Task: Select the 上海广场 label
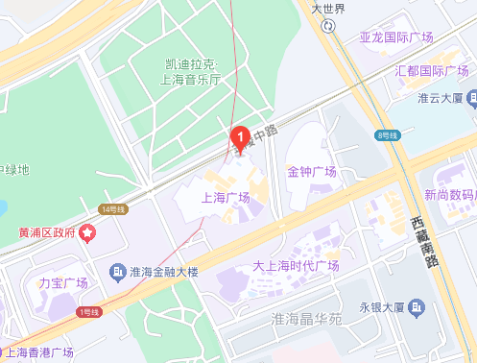(225, 198)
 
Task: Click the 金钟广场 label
(312, 172)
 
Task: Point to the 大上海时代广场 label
(297, 266)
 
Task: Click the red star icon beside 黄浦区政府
(88, 231)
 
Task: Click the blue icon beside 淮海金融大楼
(118, 272)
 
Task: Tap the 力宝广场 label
(63, 283)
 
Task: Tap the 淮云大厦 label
(441, 98)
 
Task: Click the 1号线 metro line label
(91, 311)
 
